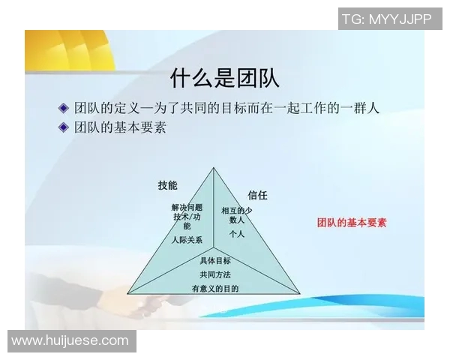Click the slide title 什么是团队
click(225, 77)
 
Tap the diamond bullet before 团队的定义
click(64, 108)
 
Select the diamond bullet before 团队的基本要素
click(64, 127)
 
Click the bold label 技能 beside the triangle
click(167, 185)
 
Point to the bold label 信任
click(257, 195)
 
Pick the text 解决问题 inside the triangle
click(187, 207)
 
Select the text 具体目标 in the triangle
click(215, 261)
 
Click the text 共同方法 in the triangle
click(215, 274)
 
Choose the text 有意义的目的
click(215, 289)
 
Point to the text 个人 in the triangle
click(237, 234)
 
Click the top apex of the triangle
click(214, 167)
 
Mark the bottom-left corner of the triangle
click(127, 292)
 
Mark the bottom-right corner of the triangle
click(300, 293)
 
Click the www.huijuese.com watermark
click(70, 341)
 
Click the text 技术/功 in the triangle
click(187, 217)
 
